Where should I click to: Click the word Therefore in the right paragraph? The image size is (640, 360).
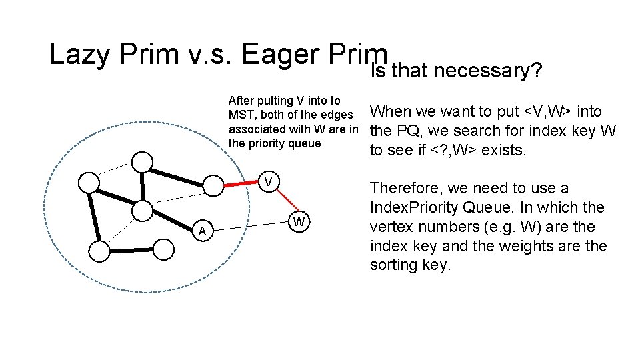click(411, 189)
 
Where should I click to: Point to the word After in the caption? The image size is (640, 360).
click(242, 101)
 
